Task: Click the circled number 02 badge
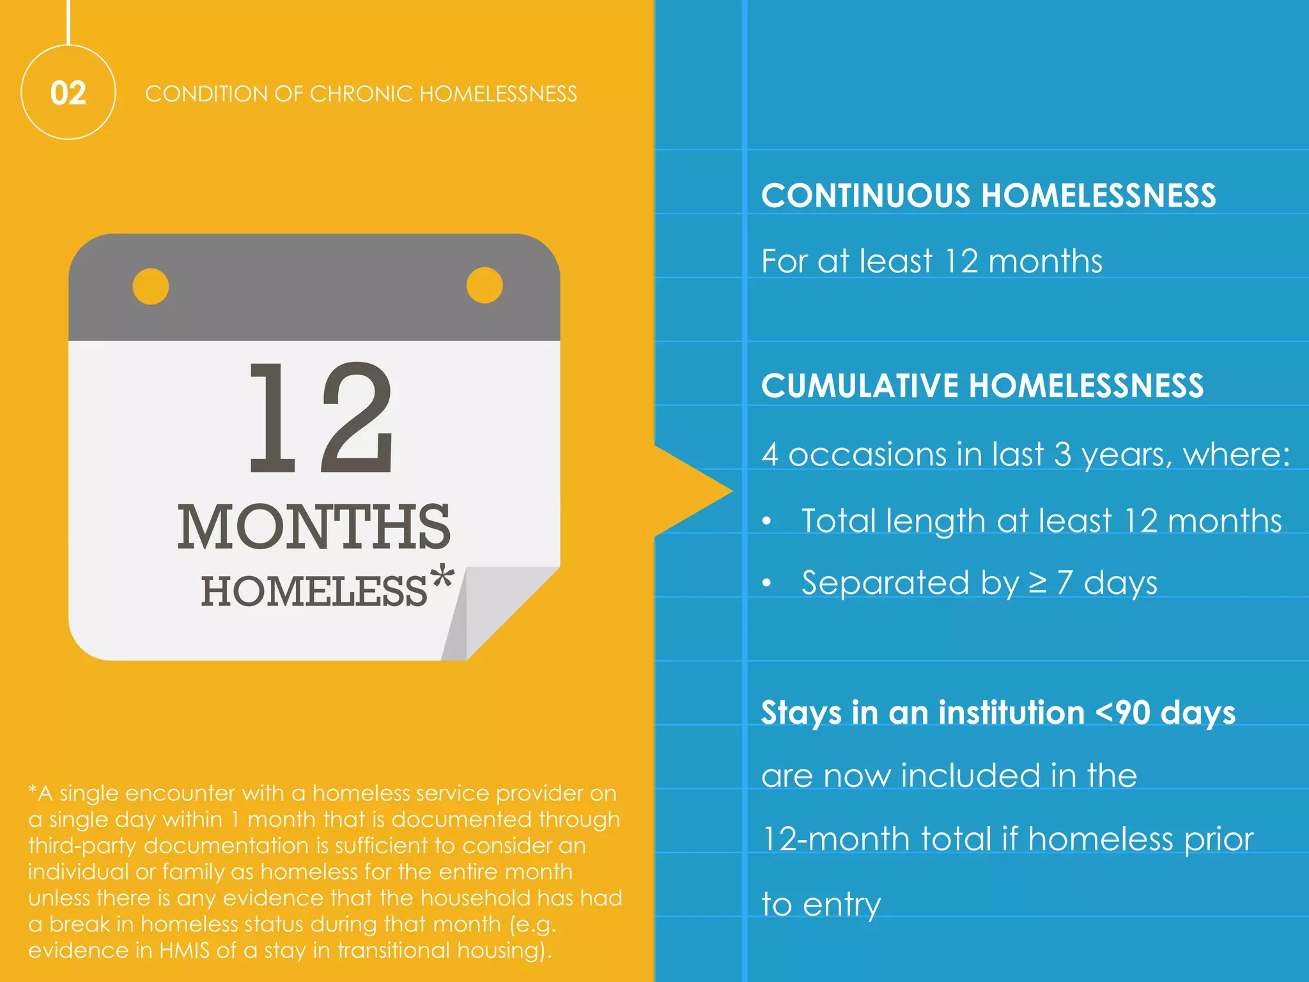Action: [x=68, y=93]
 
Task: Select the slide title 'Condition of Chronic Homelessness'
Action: [x=360, y=94]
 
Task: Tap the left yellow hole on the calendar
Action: [x=151, y=286]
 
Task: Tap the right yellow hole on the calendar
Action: [x=484, y=285]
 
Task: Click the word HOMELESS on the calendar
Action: [x=313, y=591]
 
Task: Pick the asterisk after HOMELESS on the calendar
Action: [x=442, y=578]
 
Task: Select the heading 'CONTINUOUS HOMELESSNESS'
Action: [x=988, y=195]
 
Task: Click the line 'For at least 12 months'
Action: [x=932, y=261]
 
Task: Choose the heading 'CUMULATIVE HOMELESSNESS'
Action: [x=982, y=386]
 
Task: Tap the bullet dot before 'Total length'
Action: [x=767, y=521]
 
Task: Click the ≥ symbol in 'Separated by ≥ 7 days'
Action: [x=1037, y=582]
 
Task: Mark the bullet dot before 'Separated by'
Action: [x=767, y=583]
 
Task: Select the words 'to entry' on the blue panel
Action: [x=821, y=904]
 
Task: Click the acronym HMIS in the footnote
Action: [x=184, y=950]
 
